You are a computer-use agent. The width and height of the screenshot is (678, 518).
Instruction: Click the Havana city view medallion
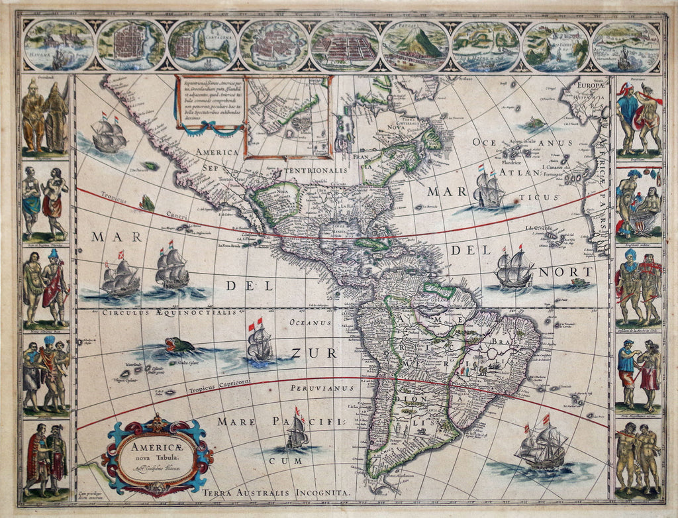click(58, 45)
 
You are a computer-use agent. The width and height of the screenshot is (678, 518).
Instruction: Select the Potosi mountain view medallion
click(415, 45)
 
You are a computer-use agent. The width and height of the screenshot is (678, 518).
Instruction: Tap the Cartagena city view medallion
click(202, 45)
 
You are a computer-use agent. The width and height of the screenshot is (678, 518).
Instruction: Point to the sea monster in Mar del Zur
click(179, 345)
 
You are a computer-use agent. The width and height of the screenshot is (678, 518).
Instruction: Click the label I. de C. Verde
click(540, 229)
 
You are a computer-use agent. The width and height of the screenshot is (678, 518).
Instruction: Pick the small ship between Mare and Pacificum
click(297, 431)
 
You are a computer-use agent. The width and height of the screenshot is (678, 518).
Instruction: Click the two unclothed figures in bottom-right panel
click(638, 457)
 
